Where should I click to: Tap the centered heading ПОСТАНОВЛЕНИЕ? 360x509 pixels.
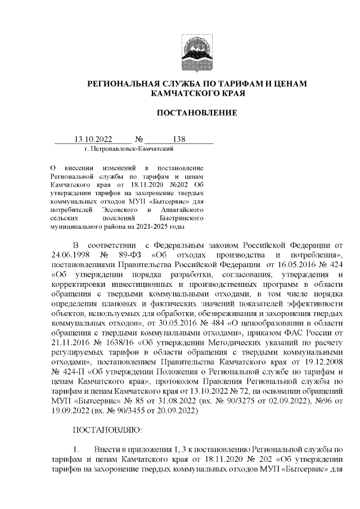click(x=196, y=113)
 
